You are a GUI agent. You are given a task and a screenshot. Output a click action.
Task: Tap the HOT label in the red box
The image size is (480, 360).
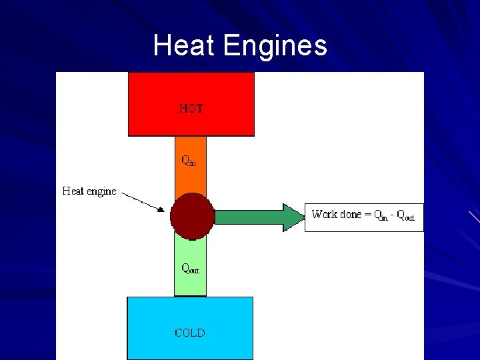tap(191, 108)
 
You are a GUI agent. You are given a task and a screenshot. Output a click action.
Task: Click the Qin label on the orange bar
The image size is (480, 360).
tap(189, 161)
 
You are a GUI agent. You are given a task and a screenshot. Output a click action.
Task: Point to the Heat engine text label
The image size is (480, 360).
tap(89, 191)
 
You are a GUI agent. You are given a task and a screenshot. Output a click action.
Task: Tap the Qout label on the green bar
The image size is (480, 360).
tap(191, 269)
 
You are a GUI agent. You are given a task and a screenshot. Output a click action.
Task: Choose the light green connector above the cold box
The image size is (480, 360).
tap(191, 283)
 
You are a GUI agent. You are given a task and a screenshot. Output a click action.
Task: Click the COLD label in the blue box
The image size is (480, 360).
tap(190, 333)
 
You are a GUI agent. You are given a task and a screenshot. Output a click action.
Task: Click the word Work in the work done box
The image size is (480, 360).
tap(324, 215)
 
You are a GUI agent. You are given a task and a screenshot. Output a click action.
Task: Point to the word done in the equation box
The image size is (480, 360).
tap(351, 215)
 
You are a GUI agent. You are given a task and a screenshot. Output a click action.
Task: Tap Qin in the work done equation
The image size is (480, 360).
tap(381, 215)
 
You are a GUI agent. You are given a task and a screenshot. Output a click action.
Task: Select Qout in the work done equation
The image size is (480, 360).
tap(405, 216)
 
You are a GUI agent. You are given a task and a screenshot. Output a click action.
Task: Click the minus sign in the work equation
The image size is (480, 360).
tap(393, 215)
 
